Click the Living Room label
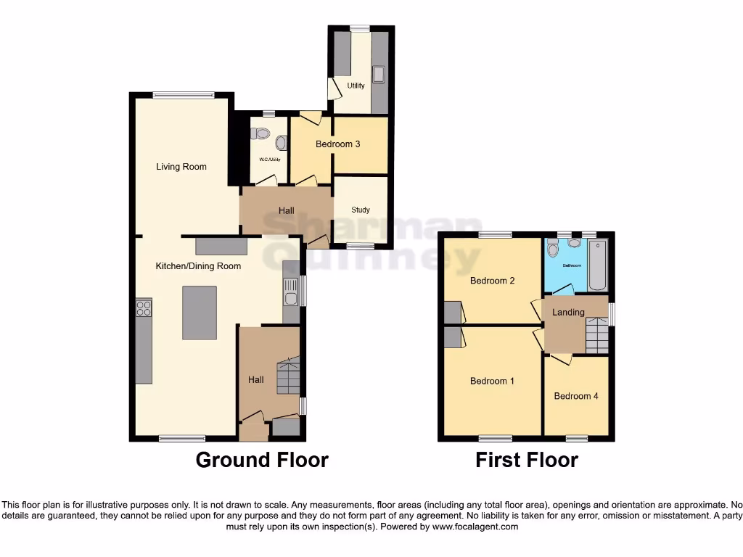[181, 167]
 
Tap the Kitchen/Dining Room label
[198, 266]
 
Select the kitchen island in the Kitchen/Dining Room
[200, 313]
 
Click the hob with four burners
[144, 310]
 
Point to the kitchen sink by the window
[290, 292]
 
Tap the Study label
[361, 210]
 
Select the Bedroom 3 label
[337, 144]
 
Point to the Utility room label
[356, 86]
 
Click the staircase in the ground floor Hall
[288, 375]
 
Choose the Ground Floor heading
[262, 460]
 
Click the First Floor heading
[527, 460]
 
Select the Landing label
[568, 313]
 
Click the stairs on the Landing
[596, 336]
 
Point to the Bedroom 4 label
[576, 396]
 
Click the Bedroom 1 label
[493, 381]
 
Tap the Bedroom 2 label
[493, 281]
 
